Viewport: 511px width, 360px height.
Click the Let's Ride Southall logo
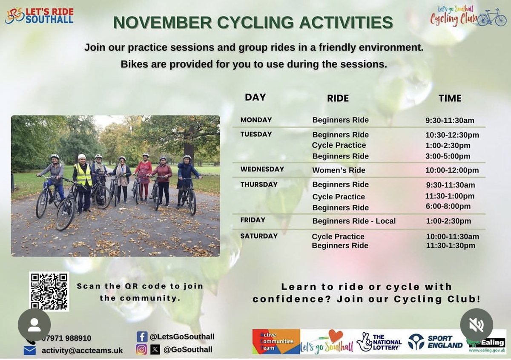point(39,16)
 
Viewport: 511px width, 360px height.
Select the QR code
point(49,291)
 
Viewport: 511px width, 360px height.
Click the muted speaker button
point(477,325)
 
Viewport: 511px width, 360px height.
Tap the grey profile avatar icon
point(34,325)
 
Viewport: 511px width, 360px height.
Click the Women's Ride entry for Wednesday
point(339,170)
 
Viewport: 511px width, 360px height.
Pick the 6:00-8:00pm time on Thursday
point(448,207)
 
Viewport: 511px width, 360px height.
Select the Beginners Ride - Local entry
point(354,221)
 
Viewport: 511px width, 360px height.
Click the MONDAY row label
point(256,120)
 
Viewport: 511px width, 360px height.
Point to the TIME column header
point(450,98)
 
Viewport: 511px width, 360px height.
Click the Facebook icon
point(142,337)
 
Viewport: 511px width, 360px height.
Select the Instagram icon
point(141,349)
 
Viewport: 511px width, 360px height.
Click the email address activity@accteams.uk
point(82,350)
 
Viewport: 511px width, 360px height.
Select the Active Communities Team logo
point(276,342)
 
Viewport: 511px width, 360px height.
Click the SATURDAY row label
point(259,236)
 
